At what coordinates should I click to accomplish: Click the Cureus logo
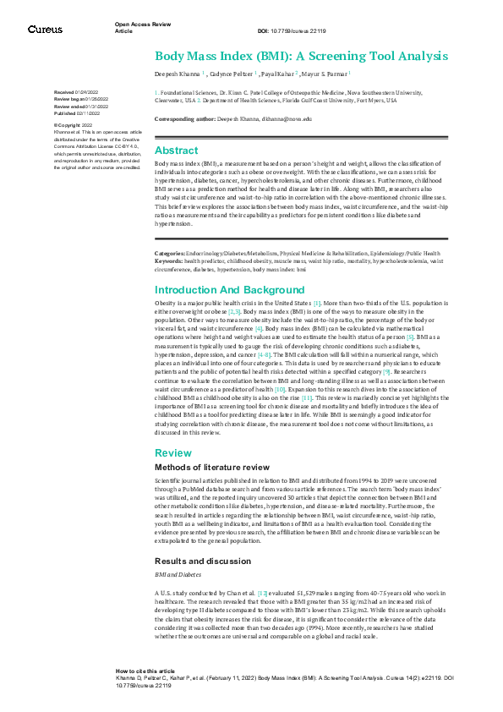click(x=45, y=29)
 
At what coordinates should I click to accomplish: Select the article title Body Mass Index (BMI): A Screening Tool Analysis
click(x=301, y=57)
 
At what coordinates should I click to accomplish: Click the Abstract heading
click(x=176, y=151)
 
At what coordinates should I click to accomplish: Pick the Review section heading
click(x=173, y=452)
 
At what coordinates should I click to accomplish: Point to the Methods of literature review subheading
click(x=208, y=467)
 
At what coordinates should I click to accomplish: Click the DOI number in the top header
click(x=296, y=31)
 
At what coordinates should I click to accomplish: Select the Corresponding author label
click(x=186, y=119)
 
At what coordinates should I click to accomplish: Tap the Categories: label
click(x=170, y=253)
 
